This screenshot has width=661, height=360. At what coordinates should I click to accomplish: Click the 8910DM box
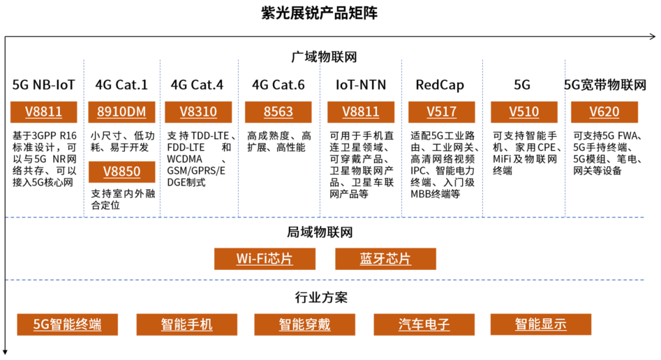121,112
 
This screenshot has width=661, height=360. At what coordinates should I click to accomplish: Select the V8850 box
122,172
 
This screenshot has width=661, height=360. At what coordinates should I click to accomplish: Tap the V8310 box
198,112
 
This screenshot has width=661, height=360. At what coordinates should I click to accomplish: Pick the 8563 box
278,112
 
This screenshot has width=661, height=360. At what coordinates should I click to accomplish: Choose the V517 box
442,112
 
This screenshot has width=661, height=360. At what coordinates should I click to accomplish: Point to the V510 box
524,112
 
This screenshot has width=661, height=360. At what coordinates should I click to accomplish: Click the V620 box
604,112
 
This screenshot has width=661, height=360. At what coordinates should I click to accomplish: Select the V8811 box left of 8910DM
43,112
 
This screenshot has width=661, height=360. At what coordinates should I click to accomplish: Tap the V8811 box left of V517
360,112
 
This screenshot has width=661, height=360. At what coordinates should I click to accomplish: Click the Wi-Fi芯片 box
264,258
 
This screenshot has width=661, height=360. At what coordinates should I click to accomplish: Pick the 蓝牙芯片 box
386,258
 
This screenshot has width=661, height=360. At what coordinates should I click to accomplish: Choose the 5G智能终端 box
67,324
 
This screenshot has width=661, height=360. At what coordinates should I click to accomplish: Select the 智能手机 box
187,324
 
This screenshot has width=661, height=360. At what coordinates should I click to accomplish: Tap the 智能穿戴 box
305,324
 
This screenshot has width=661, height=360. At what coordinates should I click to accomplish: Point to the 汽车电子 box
424,324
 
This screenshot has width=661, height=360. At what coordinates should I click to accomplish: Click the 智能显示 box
540,324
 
